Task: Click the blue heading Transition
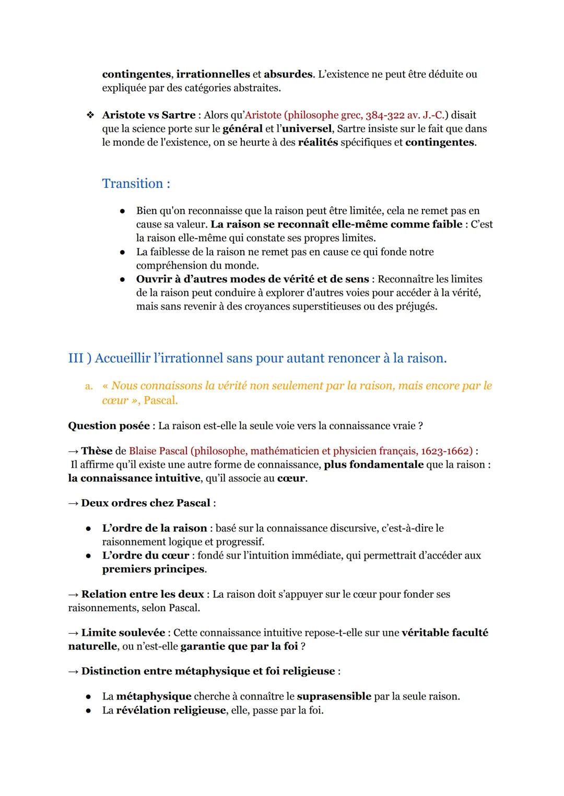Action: pos(136,184)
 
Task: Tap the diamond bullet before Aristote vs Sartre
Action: pos(90,115)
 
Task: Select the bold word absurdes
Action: pos(288,74)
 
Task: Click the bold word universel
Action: pos(307,128)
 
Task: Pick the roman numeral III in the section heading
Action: pos(76,358)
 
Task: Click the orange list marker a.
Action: pos(89,386)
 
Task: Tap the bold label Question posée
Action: pos(109,426)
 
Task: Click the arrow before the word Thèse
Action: pos(73,451)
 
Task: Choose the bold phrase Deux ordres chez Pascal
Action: pos(146,503)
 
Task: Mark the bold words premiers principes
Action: pos(153,569)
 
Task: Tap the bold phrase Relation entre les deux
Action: pos(143,594)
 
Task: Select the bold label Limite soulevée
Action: pos(123,633)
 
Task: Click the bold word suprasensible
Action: pos(334,696)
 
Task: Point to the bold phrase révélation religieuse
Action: pos(171,710)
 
